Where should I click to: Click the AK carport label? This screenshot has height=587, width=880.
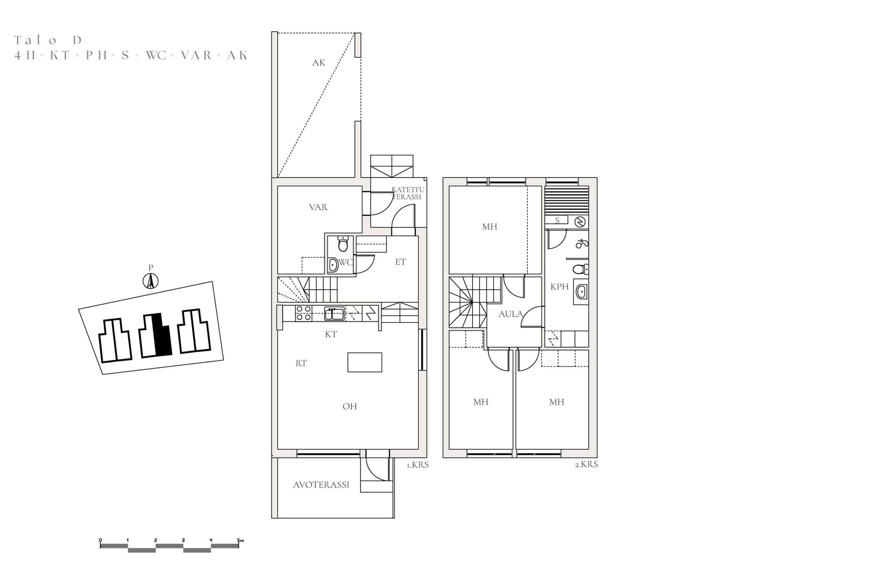pos(318,63)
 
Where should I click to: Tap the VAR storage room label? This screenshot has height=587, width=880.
pos(318,207)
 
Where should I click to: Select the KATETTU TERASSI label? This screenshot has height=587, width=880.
pos(407,193)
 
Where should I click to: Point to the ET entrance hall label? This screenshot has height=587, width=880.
pos(400,262)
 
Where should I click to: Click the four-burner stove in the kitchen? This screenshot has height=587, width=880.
pos(304,313)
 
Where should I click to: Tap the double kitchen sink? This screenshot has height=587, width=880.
pos(334,313)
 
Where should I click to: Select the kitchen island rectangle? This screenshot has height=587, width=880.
pos(365,362)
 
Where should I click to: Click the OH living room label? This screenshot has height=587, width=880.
pos(350,406)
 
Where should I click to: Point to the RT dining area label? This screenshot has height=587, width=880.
pos(301,363)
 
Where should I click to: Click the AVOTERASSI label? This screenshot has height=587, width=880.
pos(321,485)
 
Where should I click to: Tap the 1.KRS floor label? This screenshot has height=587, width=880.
pos(418,465)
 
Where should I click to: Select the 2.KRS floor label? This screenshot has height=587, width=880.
pos(586,465)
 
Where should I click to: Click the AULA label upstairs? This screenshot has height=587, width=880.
pos(511,314)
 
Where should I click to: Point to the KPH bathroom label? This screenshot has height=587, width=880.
pos(559,287)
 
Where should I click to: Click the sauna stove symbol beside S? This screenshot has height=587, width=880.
pos(580,222)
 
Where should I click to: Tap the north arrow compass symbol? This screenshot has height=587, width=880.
pos(151,281)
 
